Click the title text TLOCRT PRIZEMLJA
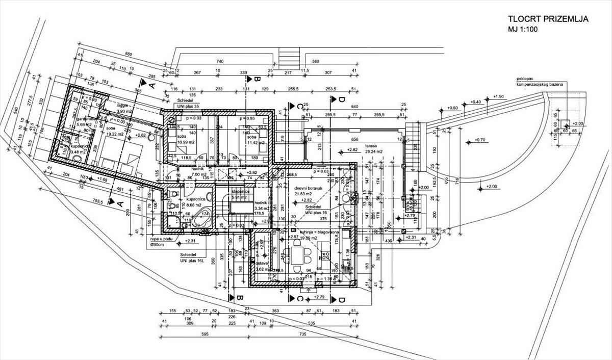pyautogui.click(x=548, y=19)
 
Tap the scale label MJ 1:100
pyautogui.click(x=524, y=30)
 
